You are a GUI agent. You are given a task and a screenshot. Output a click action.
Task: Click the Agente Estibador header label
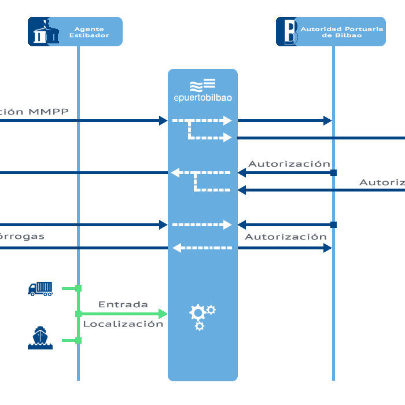click(x=92, y=32)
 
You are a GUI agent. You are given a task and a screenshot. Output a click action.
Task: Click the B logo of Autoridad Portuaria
click(x=288, y=32)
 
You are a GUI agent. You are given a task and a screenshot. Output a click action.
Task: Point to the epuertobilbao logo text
click(x=203, y=98)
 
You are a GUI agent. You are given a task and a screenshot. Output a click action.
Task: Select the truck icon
click(x=41, y=288)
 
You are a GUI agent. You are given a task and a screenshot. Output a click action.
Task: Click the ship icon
click(x=40, y=338)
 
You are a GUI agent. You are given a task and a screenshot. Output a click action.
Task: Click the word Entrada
click(x=123, y=304)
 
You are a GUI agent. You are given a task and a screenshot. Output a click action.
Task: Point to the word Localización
click(x=123, y=324)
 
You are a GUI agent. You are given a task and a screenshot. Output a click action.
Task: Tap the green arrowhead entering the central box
click(x=163, y=314)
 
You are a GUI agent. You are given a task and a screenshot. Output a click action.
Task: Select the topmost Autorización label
click(x=289, y=164)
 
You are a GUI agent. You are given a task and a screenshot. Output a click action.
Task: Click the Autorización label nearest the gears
click(x=286, y=237)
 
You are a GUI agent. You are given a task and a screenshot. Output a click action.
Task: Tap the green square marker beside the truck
click(x=78, y=288)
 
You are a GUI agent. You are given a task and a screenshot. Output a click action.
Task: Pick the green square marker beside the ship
click(x=78, y=340)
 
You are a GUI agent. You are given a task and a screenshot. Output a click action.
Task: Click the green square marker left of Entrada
click(x=78, y=314)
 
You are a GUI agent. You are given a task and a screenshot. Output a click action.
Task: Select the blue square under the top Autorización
click(x=333, y=172)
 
